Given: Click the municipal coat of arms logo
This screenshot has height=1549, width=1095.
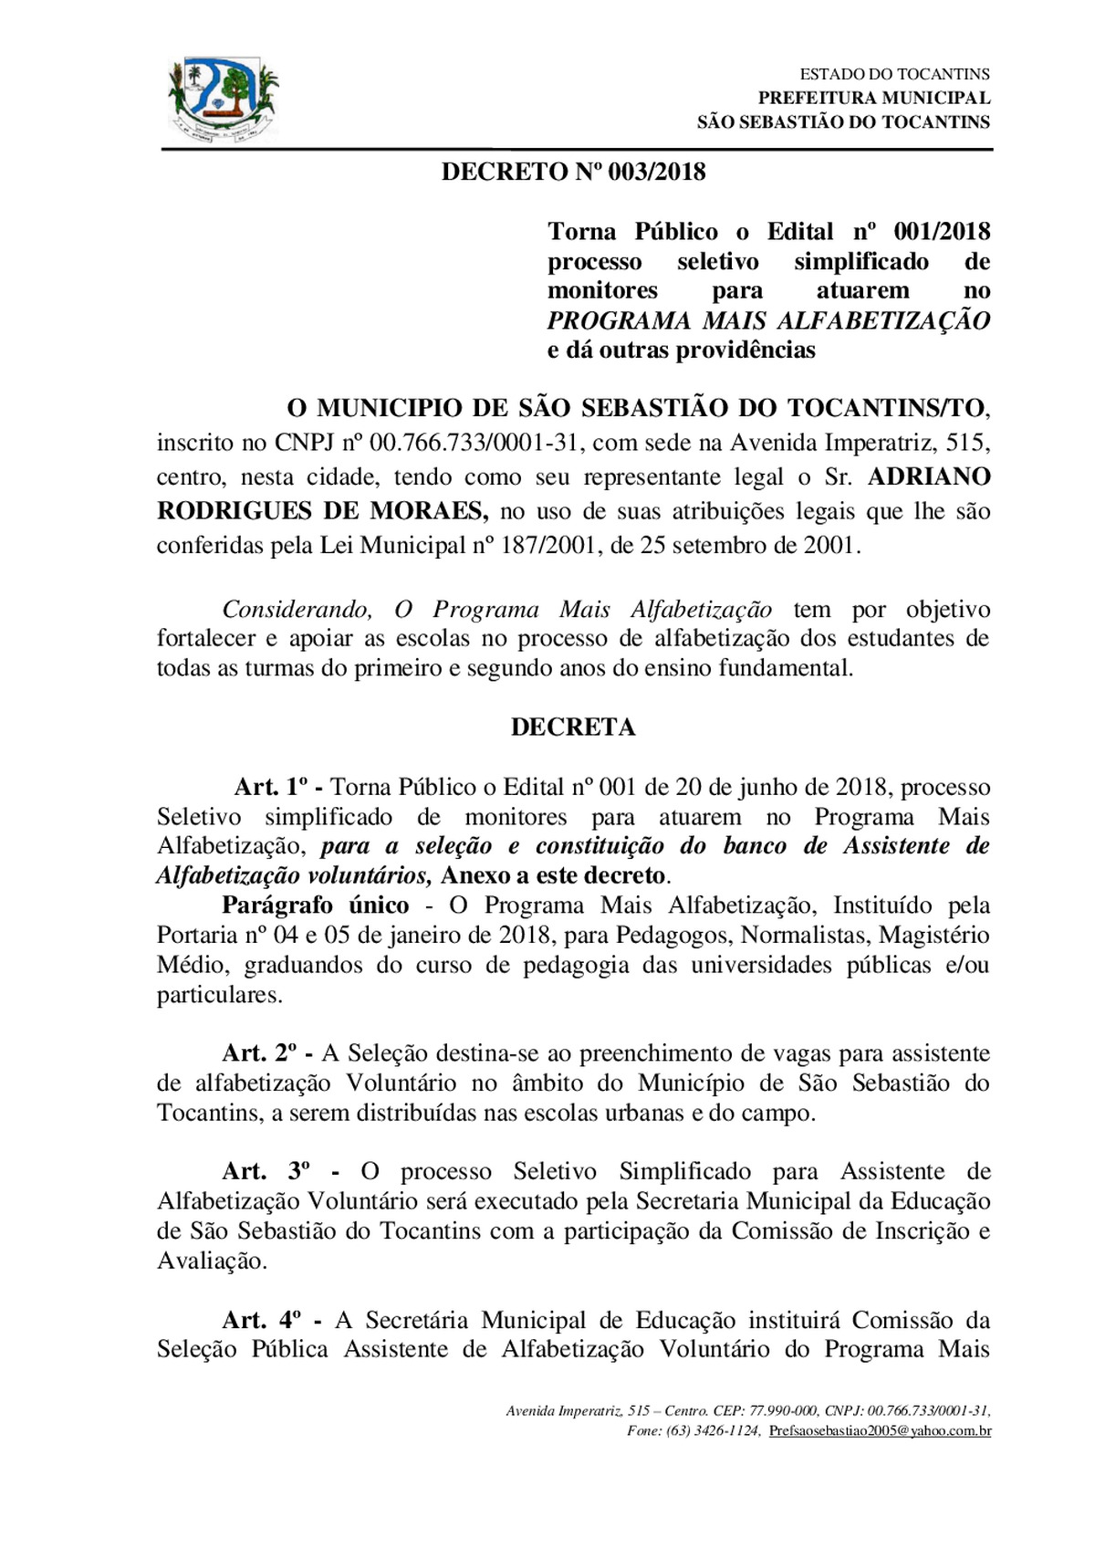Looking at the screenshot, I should (224, 99).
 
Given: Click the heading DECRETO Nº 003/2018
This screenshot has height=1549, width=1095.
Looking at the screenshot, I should (573, 172).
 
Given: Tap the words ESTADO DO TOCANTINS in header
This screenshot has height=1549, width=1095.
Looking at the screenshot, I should (894, 74).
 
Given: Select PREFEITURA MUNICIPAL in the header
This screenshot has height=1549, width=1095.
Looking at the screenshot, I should (873, 98).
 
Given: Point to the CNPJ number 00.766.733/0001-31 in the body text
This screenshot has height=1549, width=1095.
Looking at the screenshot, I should (474, 443).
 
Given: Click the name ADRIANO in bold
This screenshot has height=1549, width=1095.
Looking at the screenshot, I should (929, 476).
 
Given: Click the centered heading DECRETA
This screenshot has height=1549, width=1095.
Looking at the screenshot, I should (573, 727).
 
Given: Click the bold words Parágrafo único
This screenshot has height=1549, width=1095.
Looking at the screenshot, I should (315, 905).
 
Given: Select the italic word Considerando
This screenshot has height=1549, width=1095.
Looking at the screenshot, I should (297, 609).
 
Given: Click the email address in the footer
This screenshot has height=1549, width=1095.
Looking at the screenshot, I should (880, 1430).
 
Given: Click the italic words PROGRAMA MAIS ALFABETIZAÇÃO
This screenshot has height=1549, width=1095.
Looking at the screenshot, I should (768, 320).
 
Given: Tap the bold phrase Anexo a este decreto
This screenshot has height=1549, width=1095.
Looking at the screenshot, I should (553, 875).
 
